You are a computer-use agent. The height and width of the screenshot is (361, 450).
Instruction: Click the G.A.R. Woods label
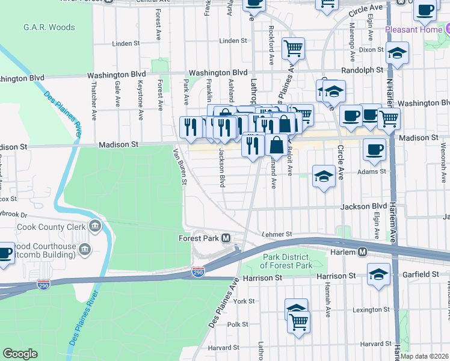[x=49, y=27]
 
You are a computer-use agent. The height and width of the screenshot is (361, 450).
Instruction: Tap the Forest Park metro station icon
[x=226, y=238]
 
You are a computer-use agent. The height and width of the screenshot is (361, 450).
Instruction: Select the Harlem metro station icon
[x=364, y=252]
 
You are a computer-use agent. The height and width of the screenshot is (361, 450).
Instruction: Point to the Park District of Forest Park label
[x=288, y=261]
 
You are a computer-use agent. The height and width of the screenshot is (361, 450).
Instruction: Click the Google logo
[x=20, y=354]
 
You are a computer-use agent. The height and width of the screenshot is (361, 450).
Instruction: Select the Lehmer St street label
[x=277, y=234]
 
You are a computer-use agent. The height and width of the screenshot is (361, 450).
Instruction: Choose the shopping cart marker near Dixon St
[x=293, y=48]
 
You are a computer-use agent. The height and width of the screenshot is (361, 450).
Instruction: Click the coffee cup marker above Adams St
[x=374, y=149]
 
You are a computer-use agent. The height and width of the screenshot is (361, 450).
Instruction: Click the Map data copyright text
[x=424, y=356]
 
